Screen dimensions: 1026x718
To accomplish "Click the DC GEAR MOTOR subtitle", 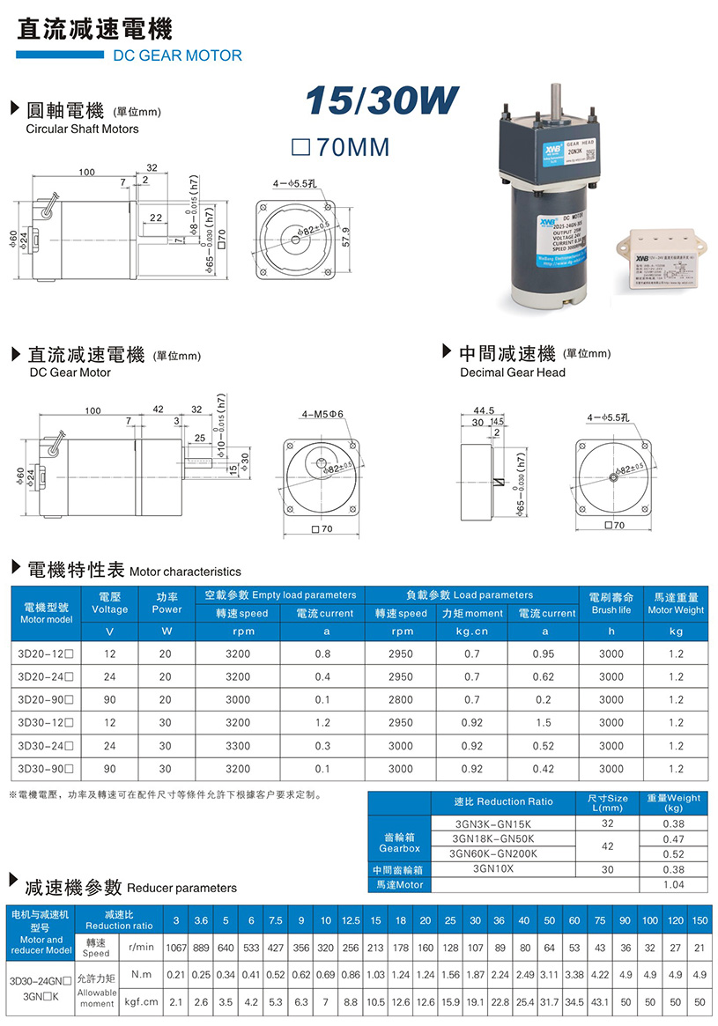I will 178,55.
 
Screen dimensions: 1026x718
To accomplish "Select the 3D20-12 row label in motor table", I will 45,654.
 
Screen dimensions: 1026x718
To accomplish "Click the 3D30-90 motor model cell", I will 45,769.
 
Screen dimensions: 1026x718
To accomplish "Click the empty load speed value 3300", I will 238,746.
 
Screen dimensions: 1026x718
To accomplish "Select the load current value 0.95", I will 543,654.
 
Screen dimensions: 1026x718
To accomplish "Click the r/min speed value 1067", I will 176,948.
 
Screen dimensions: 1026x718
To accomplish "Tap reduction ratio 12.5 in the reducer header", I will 351,920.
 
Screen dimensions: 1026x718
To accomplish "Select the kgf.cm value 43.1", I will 599,1001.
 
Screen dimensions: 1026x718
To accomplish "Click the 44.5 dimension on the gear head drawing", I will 484,410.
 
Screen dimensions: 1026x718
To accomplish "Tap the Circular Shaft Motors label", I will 83,129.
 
